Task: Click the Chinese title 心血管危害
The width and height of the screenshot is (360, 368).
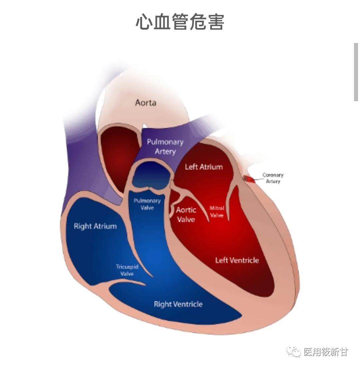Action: [x=180, y=22]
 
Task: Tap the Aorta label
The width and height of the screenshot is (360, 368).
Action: [x=145, y=103]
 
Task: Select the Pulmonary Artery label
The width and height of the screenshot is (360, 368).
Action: [x=165, y=147]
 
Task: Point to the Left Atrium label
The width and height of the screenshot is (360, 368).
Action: [x=204, y=167]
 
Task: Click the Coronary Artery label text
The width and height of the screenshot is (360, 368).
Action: [x=273, y=178]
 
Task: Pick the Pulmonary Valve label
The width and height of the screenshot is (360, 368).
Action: [x=147, y=204]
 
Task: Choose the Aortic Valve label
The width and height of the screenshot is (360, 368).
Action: [x=186, y=214]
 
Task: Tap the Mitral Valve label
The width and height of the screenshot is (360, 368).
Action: [x=217, y=211]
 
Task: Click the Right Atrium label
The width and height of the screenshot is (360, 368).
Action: [x=95, y=226]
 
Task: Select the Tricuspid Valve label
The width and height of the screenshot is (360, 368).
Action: [x=127, y=270]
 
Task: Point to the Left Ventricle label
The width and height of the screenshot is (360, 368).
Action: [x=237, y=260]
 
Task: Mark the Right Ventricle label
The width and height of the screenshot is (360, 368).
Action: [x=178, y=304]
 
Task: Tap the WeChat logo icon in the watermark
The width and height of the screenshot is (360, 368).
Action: [x=294, y=352]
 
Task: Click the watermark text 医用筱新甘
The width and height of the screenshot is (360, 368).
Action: [x=326, y=352]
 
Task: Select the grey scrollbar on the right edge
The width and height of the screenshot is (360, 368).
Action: [x=356, y=72]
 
